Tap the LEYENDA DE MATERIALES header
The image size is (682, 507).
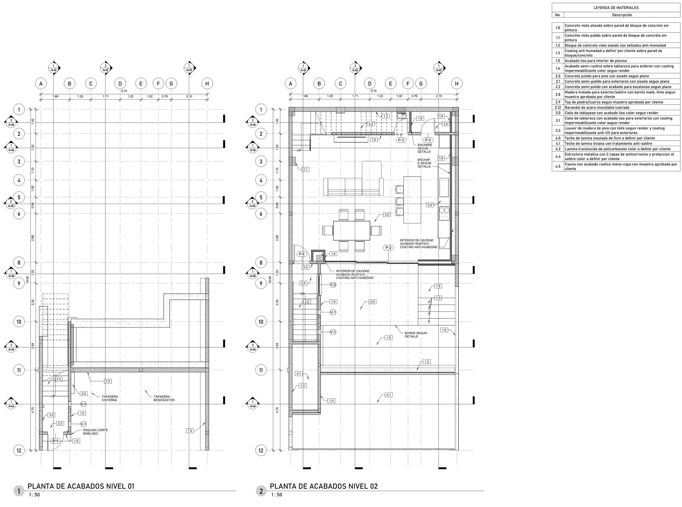pyautogui.click(x=616, y=8)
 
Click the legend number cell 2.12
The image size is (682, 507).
pyautogui.click(x=558, y=107)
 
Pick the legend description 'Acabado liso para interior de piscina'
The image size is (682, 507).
pyautogui.click(x=596, y=61)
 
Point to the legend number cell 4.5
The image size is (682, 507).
pyautogui.click(x=558, y=167)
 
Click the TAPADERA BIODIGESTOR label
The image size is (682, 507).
pyautogui.click(x=164, y=398)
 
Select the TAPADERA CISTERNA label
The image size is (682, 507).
pyautogui.click(x=110, y=398)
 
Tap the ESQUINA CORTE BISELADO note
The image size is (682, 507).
pyautogui.click(x=95, y=432)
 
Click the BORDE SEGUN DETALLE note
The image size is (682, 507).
pyautogui.click(x=416, y=334)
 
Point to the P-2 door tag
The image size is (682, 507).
pyautogui.click(x=388, y=248)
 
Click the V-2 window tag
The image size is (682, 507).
pyautogui.click(x=333, y=285)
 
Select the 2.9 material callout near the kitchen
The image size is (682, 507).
pyautogui.click(x=430, y=205)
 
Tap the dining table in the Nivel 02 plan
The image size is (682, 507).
pyautogui.click(x=351, y=230)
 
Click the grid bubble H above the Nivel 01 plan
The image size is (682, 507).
pyautogui.click(x=207, y=84)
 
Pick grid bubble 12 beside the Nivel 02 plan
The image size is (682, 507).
pyautogui.click(x=261, y=450)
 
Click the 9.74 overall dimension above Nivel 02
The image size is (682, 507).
pyautogui.click(x=373, y=91)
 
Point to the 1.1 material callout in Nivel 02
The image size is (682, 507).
pyautogui.click(x=306, y=169)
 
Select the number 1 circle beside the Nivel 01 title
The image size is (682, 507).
pyautogui.click(x=19, y=491)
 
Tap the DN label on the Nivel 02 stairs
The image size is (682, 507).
pyautogui.click(x=303, y=294)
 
